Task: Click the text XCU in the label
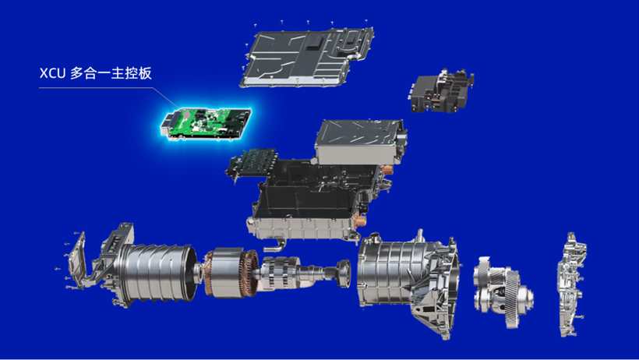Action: click(x=52, y=73)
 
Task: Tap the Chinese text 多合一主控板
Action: click(x=111, y=73)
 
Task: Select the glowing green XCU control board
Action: click(x=206, y=124)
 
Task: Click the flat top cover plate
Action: click(x=308, y=56)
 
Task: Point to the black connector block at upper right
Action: click(x=441, y=92)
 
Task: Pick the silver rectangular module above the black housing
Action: click(x=360, y=141)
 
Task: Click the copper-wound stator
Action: click(x=231, y=273)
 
